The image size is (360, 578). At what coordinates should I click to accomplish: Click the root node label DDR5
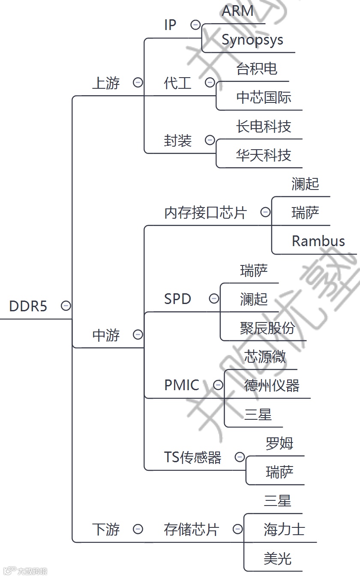coord(28,306)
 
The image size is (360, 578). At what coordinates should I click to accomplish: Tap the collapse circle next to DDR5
coord(66,306)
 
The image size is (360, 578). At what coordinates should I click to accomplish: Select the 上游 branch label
coord(106,83)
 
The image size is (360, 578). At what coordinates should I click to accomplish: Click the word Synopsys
coord(252,40)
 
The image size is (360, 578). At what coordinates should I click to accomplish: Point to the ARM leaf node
coord(237,11)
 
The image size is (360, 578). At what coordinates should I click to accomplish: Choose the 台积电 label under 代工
coord(257,69)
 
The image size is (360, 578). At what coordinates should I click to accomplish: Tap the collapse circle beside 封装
coord(210,140)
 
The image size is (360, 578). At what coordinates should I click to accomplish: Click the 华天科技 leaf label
coord(263,155)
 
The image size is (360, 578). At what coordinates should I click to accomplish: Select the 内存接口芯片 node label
coord(205,213)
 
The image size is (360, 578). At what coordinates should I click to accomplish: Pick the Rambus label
coord(318,241)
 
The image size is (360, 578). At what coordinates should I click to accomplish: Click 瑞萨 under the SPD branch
coord(254,271)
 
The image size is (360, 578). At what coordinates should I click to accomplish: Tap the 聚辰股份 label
coord(267,328)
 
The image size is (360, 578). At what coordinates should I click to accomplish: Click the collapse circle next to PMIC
coord(218,385)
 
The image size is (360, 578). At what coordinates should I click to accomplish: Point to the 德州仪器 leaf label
coord(272,385)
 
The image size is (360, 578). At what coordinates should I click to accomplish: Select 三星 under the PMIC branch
coord(258,415)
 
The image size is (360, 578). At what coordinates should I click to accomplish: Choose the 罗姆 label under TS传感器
coord(279,443)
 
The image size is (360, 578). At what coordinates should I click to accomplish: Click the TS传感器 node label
coord(192,458)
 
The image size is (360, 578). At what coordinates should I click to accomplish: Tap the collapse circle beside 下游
coord(138,529)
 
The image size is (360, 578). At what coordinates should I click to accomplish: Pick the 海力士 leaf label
coord(284,530)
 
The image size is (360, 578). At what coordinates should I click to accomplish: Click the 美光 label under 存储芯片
coord(277,559)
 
